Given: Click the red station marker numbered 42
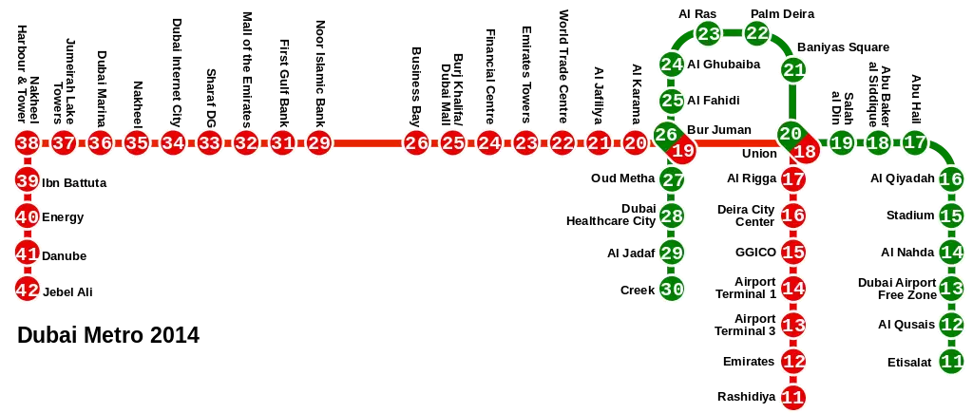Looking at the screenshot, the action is pos(28,290).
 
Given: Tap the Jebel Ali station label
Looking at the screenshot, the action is pos(67,291).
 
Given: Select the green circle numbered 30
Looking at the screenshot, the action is pos(672,289).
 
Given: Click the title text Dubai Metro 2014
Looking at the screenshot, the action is pos(108,335).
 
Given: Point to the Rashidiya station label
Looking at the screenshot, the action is pos(747,396).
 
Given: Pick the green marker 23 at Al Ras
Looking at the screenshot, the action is pos(708,33).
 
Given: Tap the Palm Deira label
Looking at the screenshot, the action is pos(782,13).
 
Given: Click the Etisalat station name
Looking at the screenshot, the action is pos(909,363).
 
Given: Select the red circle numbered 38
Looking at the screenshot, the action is pos(28,143).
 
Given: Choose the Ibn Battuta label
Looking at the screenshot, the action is pos(74,183).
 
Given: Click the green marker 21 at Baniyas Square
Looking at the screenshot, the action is pos(793,69).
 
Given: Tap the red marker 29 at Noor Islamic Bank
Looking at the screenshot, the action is pos(319,143).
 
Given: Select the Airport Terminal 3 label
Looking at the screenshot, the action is pos(745,325).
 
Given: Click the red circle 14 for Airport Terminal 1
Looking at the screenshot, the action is pos(793,289).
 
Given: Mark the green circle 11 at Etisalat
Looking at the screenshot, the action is pos(951,361).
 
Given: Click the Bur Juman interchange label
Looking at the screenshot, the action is pos(719,130).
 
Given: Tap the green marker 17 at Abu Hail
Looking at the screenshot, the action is pos(914,143).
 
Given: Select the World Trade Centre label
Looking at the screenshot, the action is pos(563,66).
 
